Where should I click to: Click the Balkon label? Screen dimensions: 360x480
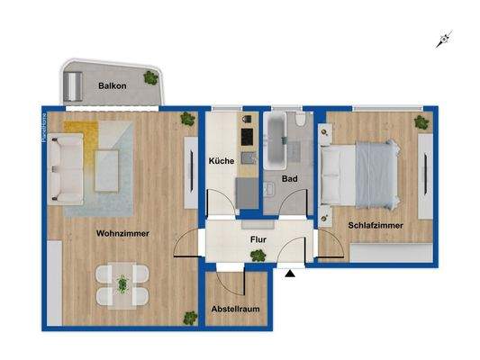113,86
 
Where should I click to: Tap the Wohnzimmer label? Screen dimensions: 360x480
122,233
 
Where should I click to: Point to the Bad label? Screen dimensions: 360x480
289,179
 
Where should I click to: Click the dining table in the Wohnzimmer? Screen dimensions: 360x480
122,282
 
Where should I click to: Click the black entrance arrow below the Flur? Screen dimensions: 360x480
289,274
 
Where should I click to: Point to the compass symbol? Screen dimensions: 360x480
442,39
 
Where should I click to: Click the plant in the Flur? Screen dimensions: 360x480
258,256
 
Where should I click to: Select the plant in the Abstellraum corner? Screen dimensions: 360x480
190,317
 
